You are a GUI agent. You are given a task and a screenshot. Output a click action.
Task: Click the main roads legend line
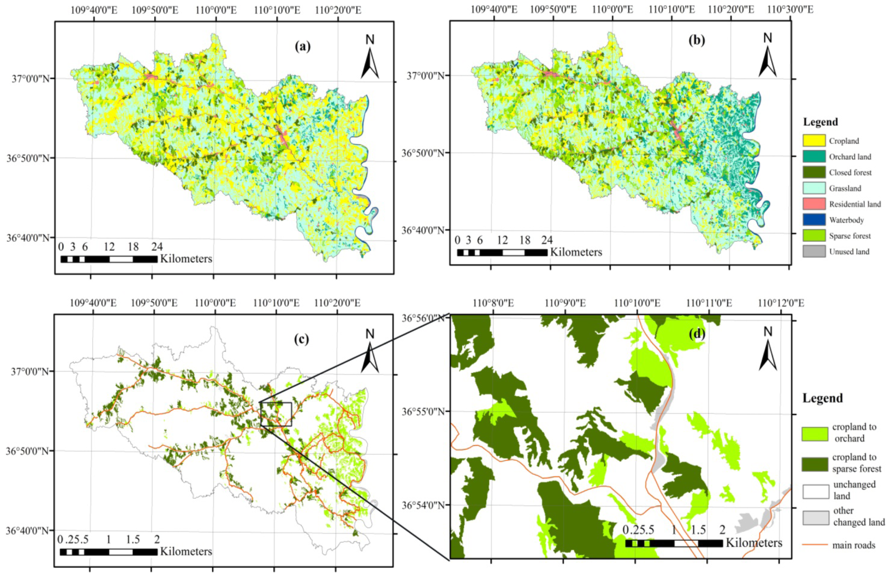815,545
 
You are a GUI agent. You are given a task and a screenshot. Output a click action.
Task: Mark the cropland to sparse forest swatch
815,464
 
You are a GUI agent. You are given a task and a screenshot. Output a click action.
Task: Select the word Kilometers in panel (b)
576,252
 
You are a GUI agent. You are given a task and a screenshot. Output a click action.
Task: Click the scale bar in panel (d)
674,543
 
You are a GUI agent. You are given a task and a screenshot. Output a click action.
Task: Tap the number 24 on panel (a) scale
157,247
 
